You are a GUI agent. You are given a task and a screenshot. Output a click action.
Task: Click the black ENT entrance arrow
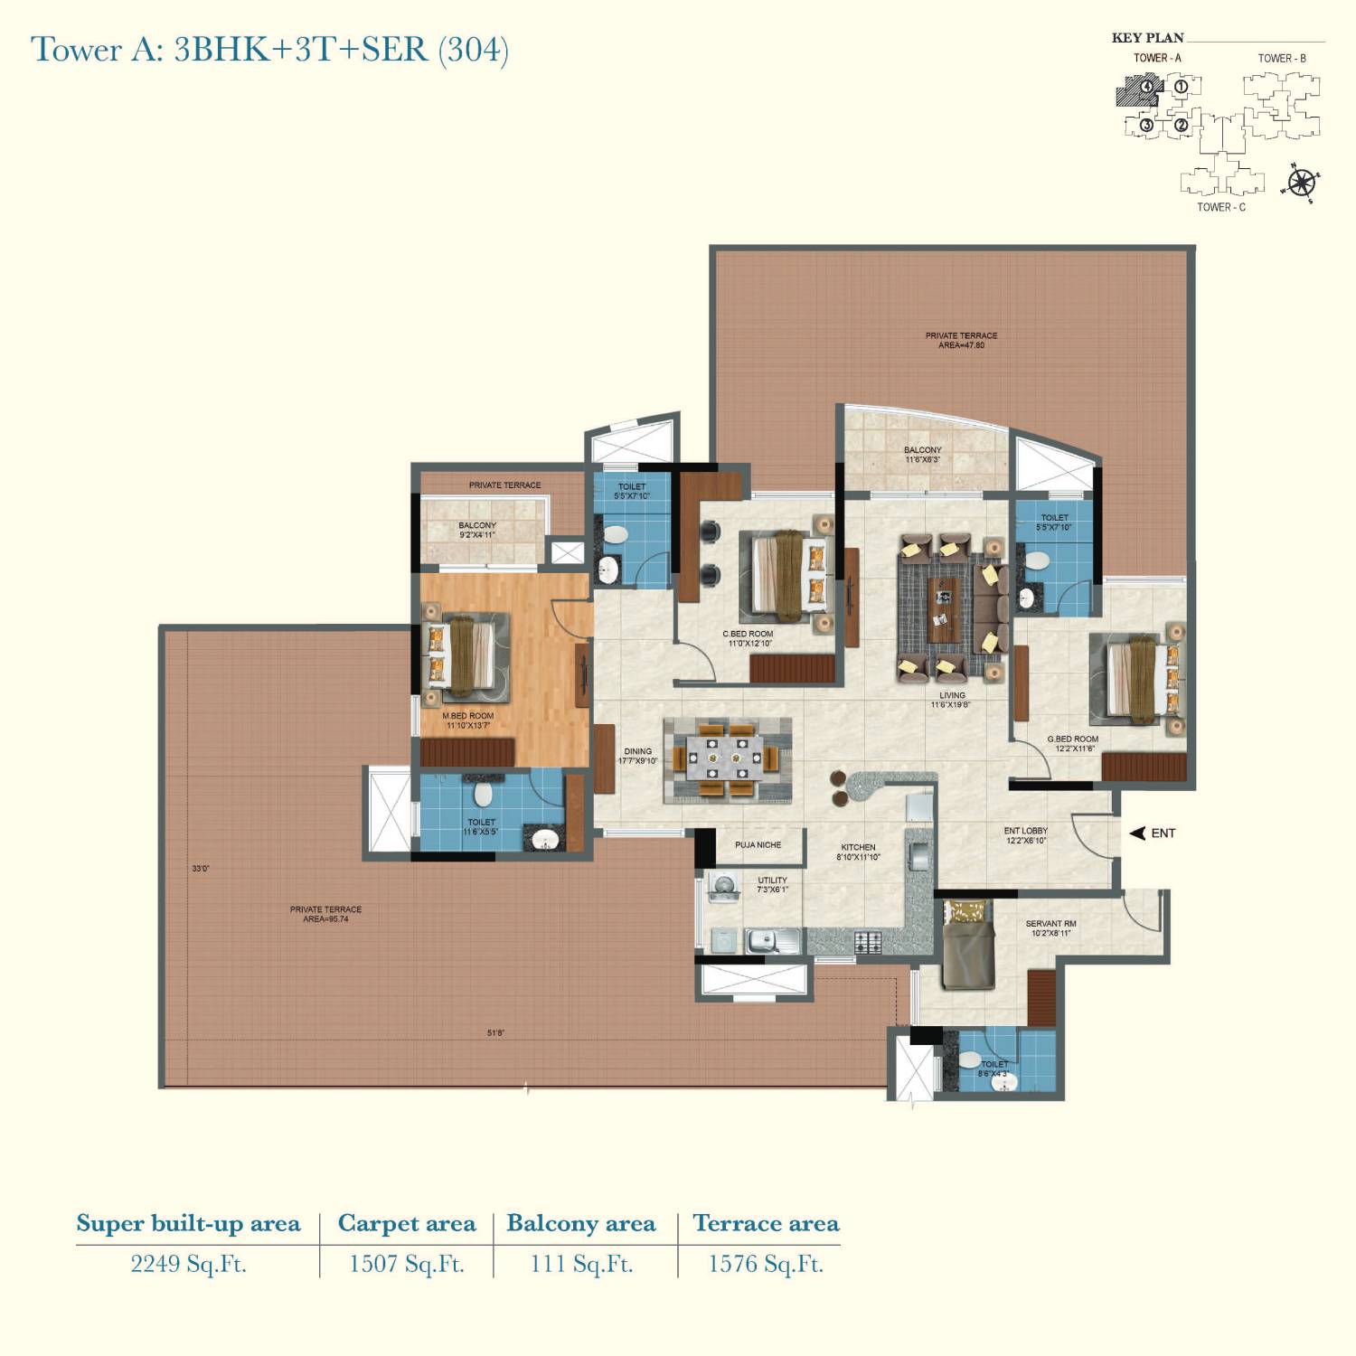coord(1138,833)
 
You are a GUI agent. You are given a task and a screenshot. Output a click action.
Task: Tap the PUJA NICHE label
coord(758,845)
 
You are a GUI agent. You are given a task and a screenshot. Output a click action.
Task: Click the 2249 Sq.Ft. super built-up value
coord(188,1264)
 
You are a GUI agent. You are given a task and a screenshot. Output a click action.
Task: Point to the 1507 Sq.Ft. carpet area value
coord(407,1264)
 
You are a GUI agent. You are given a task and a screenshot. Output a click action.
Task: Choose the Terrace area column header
coord(766,1224)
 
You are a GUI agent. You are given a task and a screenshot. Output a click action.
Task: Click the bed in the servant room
coord(965,945)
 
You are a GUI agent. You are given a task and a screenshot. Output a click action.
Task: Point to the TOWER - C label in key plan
coord(1221,207)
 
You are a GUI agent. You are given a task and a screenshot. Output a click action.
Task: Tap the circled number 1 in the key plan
coord(1181,88)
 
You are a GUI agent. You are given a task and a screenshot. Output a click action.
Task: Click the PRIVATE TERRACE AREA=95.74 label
coord(325,914)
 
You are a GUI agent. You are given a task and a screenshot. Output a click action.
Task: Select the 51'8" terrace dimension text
coord(495,1032)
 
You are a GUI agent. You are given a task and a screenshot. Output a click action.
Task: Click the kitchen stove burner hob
coord(868,943)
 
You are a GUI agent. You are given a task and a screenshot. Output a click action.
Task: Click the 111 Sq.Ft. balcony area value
coord(581,1264)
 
